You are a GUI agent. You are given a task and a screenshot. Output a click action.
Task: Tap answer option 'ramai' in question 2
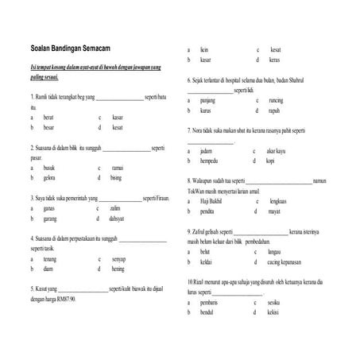[x=117, y=168]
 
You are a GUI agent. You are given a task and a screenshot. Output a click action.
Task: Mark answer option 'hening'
[x=118, y=269]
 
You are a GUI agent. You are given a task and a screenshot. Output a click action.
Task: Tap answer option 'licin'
[x=205, y=49]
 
